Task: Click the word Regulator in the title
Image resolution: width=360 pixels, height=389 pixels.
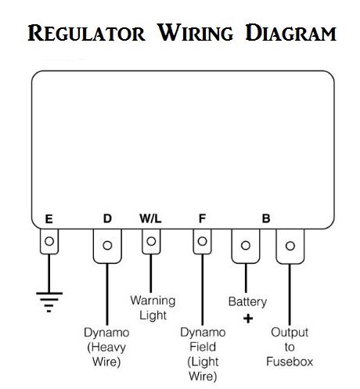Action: coord(86,33)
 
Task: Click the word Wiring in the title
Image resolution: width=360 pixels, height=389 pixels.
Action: coord(196,33)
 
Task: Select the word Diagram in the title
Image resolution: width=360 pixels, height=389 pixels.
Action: coord(291,33)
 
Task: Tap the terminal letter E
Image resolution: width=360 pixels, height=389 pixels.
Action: coord(49,219)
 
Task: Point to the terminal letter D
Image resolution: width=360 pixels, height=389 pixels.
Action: coord(107,218)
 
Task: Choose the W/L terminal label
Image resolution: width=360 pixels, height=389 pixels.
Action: coord(150,218)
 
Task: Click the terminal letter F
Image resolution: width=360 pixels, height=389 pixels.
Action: coord(202,218)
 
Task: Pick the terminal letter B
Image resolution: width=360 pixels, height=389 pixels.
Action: coord(266,218)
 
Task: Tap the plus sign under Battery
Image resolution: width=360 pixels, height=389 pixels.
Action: coord(248,319)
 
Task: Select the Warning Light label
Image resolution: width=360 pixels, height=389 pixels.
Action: coord(153,308)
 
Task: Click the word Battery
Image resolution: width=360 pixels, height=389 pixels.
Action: coord(247,302)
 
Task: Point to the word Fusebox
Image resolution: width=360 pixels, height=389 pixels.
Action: coord(290,362)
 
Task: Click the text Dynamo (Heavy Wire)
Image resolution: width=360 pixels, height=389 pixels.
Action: coord(106,348)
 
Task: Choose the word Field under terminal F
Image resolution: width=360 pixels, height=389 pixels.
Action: coord(203,347)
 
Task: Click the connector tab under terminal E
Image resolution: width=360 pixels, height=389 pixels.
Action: coord(49,241)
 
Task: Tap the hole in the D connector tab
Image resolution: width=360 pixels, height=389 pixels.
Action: coord(107,245)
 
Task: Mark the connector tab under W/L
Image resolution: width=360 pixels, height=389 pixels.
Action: coord(151,241)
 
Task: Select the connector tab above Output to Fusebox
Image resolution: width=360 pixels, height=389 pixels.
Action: coord(290,247)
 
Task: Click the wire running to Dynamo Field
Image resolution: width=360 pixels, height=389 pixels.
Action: coord(203,290)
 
